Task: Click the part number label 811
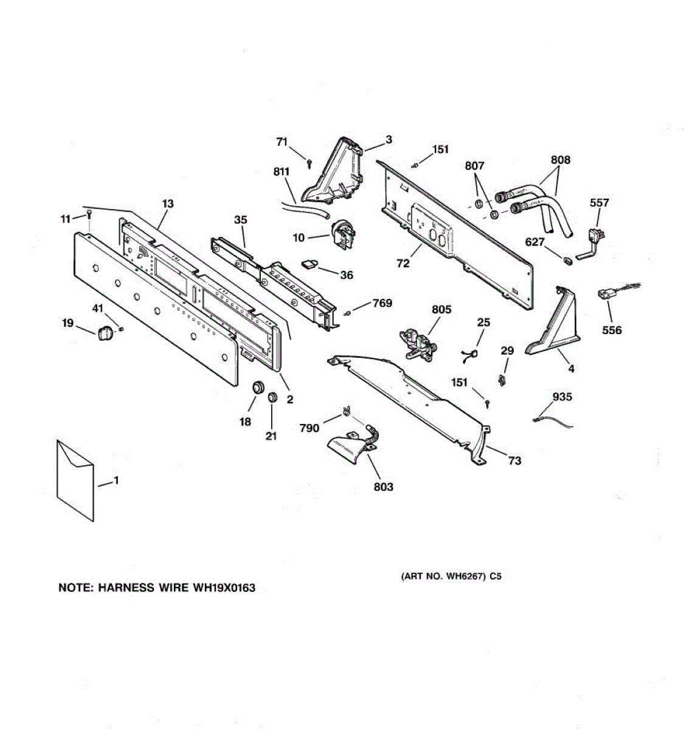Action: (281, 172)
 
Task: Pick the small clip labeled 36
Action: (311, 262)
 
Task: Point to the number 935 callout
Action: (562, 397)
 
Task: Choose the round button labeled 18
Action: (258, 386)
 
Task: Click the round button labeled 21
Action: (271, 397)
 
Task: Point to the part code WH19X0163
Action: (224, 587)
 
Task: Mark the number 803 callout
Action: (383, 487)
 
